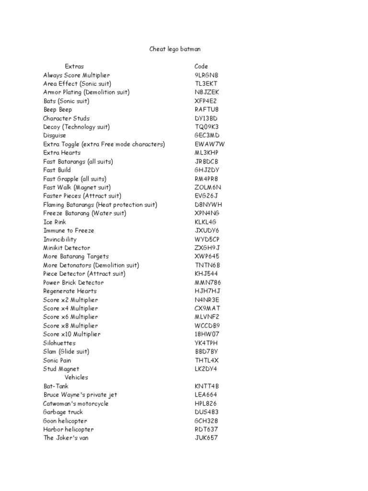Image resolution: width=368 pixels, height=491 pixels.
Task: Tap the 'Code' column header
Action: pyautogui.click(x=201, y=66)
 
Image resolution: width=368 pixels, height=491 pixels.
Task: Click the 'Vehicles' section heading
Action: pyautogui.click(x=76, y=377)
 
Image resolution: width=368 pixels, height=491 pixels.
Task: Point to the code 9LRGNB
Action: pyautogui.click(x=206, y=75)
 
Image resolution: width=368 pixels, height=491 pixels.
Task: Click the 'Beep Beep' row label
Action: pyautogui.click(x=57, y=110)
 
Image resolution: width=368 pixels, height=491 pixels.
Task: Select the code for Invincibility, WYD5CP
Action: pyautogui.click(x=207, y=239)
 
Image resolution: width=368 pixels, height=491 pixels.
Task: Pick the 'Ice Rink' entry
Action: pyautogui.click(x=55, y=222)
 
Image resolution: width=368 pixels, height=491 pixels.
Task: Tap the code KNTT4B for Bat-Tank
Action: pyautogui.click(x=207, y=386)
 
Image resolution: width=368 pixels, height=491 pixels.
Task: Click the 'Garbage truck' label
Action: pyautogui.click(x=63, y=412)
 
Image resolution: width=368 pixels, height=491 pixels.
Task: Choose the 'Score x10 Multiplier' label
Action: pyautogui.click(x=71, y=334)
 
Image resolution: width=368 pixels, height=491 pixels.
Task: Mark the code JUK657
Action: pyautogui.click(x=206, y=438)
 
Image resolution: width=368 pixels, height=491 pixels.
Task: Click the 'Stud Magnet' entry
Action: pyautogui.click(x=60, y=369)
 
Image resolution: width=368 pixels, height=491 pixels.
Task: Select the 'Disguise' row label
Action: pyautogui.click(x=55, y=136)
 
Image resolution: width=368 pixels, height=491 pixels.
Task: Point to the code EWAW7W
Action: pyautogui.click(x=209, y=144)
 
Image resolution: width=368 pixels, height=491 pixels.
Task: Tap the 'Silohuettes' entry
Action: pyautogui.click(x=59, y=343)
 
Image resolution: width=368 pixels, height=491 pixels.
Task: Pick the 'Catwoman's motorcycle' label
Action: pyautogui.click(x=76, y=403)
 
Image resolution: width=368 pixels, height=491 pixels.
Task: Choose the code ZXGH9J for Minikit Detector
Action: pyautogui.click(x=207, y=248)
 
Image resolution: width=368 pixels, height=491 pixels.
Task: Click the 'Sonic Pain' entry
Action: pyautogui.click(x=57, y=360)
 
